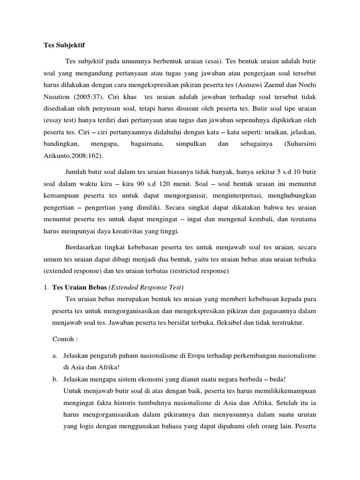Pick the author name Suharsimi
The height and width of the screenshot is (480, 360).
click(300, 143)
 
